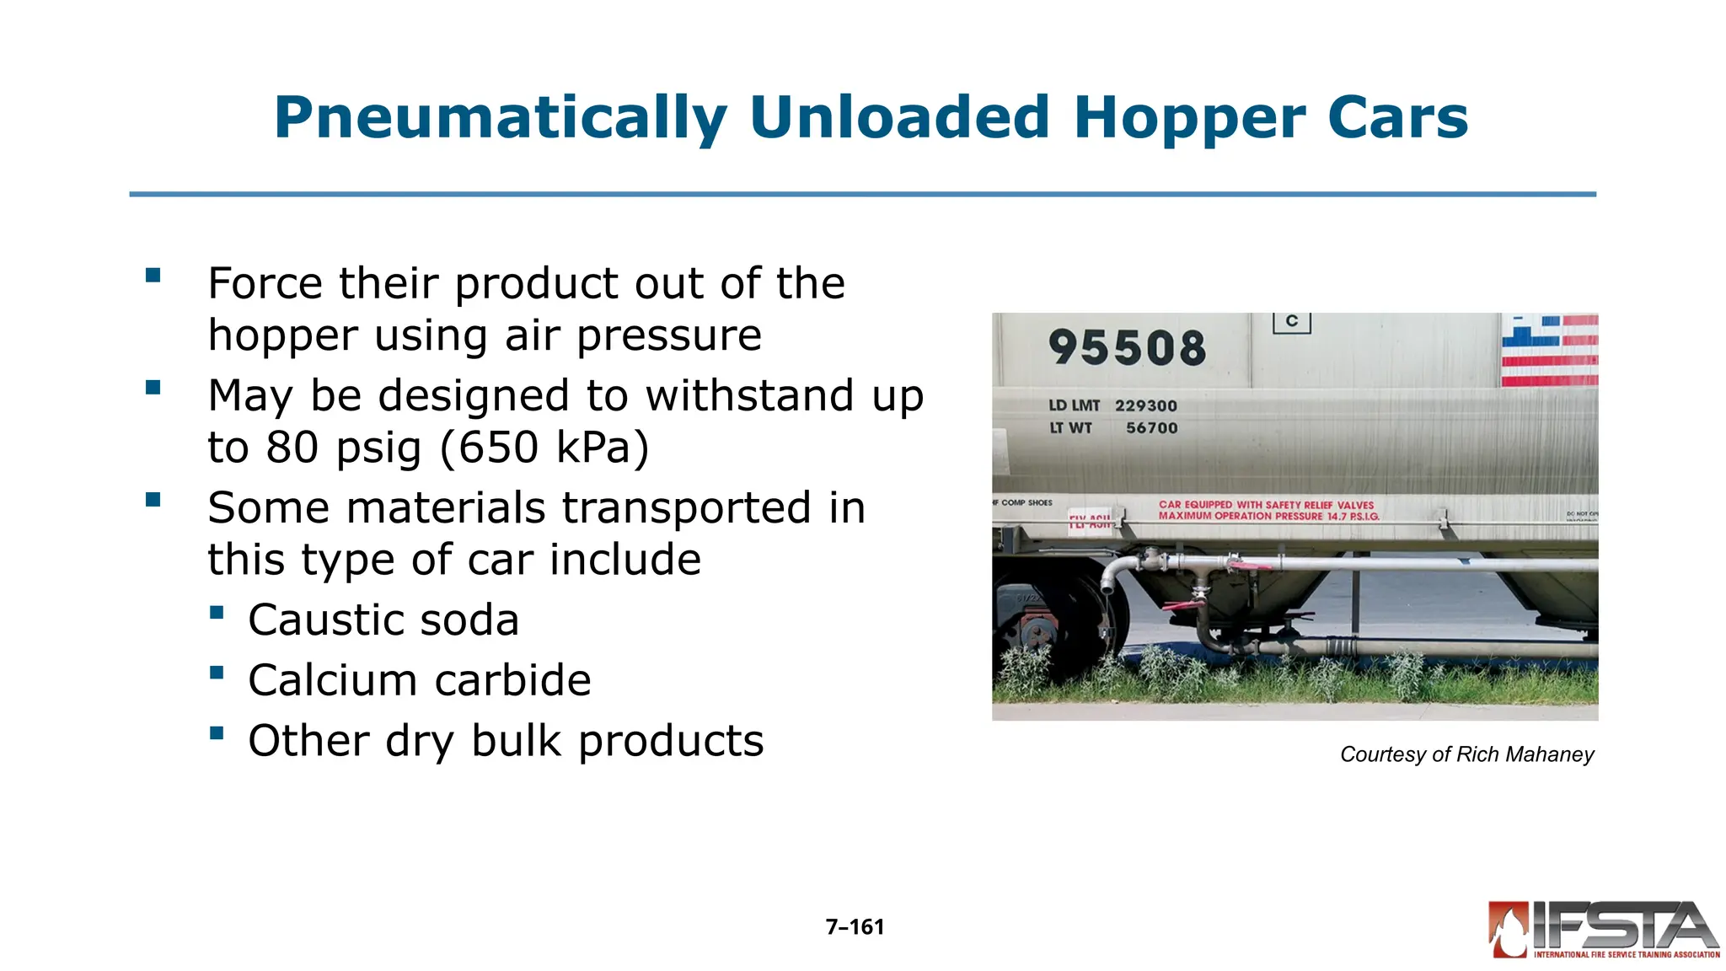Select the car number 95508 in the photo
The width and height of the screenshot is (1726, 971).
1127,347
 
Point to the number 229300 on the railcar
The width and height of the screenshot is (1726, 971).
1145,405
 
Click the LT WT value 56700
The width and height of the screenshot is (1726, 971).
1151,428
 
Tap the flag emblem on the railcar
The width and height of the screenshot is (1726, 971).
1549,350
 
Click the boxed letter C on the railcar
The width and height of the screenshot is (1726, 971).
1291,322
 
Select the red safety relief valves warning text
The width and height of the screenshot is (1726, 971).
1268,510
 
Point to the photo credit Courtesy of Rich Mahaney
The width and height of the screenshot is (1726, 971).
1466,754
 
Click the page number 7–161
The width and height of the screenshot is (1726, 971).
855,927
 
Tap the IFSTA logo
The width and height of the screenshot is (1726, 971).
1603,930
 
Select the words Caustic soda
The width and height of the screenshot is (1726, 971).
383,620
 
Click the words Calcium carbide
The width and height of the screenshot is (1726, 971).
420,680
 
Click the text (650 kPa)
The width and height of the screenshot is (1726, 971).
544,448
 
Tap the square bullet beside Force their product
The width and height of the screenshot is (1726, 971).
153,276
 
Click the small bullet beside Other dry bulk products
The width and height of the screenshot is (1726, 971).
217,733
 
